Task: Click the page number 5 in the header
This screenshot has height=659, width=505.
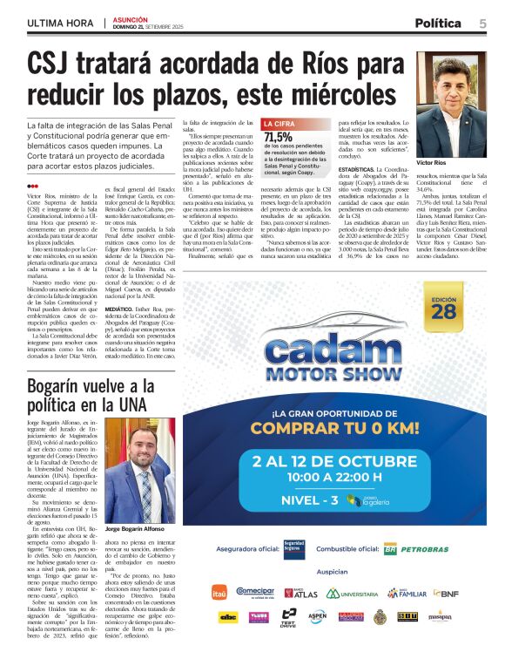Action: (481, 23)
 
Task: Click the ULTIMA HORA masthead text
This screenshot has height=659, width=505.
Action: (60, 23)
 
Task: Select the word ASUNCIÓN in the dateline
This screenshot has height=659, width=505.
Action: (131, 18)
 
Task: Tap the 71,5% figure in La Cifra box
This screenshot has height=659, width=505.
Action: (279, 137)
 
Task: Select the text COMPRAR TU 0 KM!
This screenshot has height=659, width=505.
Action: (347, 428)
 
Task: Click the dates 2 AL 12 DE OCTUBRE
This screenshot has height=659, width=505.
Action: (347, 460)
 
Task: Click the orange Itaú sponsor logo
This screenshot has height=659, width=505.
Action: (219, 594)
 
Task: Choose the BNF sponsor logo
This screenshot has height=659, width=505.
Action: (445, 594)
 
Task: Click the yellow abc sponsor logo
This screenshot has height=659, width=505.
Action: (228, 616)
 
